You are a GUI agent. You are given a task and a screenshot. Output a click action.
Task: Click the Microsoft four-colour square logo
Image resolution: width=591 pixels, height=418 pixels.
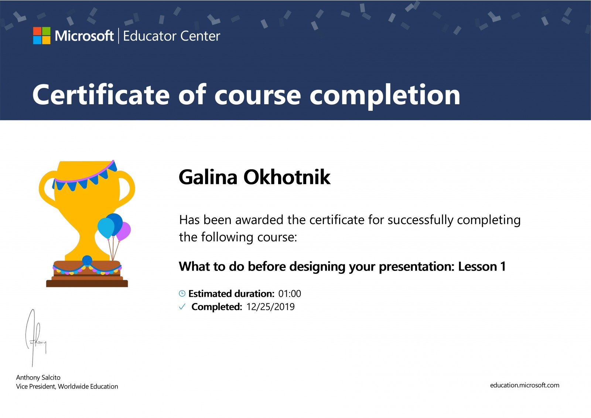(x=42, y=35)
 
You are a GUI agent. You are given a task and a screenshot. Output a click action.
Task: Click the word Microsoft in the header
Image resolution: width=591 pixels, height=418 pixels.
(x=84, y=36)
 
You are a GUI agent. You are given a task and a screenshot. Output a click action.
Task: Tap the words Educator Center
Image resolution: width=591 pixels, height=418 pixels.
(x=171, y=36)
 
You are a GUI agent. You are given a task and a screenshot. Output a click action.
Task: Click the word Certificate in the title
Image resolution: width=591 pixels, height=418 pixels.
(x=101, y=95)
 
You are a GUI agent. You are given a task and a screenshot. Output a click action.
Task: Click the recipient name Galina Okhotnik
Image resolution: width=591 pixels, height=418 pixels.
(x=254, y=177)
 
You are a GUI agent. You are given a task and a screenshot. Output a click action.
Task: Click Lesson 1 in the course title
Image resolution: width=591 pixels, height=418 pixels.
(x=482, y=266)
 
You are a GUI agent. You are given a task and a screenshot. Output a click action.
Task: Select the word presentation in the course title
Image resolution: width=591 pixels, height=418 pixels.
(x=416, y=267)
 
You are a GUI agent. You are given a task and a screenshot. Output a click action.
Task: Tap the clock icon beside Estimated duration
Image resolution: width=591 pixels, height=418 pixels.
(x=182, y=293)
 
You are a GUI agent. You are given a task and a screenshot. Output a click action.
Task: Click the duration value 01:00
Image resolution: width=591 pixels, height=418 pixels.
(x=290, y=293)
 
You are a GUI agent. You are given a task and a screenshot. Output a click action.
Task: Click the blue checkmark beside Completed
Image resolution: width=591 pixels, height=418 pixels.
(x=182, y=306)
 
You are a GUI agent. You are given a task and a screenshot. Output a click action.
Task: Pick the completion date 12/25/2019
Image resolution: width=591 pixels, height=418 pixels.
(x=270, y=307)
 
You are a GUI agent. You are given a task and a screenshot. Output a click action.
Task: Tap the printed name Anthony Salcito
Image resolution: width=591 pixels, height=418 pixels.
(x=38, y=378)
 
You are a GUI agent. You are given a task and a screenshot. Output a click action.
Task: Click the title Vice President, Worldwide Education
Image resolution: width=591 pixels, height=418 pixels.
(x=67, y=387)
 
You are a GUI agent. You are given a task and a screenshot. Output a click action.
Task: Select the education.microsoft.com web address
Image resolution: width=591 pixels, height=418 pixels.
(x=525, y=385)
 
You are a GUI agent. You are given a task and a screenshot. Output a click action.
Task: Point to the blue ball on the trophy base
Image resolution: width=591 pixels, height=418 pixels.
(x=87, y=260)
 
